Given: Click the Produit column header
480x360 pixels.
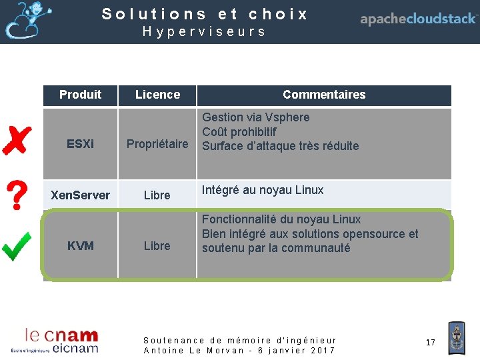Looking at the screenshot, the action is (80, 95).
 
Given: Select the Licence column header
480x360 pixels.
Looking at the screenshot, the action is (157, 95).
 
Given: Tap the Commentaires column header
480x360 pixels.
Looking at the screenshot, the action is (324, 95).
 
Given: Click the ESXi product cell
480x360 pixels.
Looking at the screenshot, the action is (80, 144).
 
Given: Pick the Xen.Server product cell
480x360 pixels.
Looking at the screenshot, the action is (80, 195).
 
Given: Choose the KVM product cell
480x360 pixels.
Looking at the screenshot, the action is (80, 245).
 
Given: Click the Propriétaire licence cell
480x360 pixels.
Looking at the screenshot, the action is (157, 144).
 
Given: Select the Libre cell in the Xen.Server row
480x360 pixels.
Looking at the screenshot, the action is (157, 195).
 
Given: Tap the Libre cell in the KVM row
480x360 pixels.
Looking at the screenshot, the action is (157, 245).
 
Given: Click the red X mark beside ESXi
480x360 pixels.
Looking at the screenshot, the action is (16, 140).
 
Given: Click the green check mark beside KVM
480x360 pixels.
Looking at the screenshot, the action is (16, 245).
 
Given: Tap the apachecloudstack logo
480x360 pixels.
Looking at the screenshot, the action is (418, 19).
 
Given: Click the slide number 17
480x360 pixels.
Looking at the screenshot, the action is (430, 342).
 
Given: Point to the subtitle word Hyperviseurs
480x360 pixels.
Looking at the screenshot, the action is (204, 31).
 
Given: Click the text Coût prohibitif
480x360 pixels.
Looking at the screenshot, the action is (239, 132).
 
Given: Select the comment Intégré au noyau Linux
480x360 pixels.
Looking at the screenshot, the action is (263, 190).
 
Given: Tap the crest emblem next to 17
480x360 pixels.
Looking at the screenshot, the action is (456, 338).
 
